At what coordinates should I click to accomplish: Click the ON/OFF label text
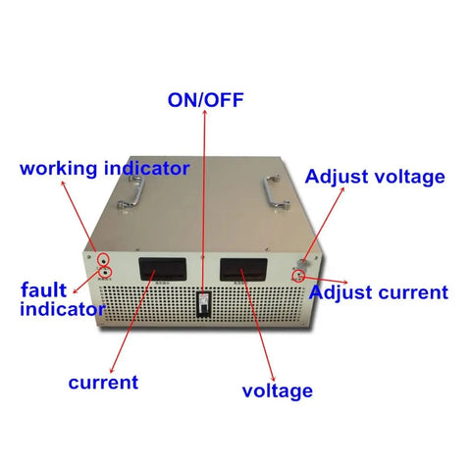coord(205,100)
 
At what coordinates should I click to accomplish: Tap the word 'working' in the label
coord(59,169)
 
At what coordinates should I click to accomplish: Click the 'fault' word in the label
coord(43,289)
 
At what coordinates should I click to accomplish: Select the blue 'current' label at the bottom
coord(103,383)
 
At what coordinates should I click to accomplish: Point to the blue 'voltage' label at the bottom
coord(278,392)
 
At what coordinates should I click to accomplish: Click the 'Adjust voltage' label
coord(375,177)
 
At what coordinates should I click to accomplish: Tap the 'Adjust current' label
coord(379,292)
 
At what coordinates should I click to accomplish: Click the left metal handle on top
coord(131,193)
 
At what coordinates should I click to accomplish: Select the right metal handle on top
coord(277,191)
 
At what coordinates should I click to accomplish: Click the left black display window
coord(163,269)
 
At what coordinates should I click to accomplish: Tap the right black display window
coord(243,269)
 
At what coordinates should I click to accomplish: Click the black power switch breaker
coord(203,304)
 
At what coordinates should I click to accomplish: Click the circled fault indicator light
coord(106,272)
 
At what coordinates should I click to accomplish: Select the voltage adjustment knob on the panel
coord(301,264)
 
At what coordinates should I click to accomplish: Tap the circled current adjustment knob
coord(298,277)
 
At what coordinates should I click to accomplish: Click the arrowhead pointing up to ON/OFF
coord(205,112)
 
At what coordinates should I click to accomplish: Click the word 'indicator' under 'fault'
coord(63,309)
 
